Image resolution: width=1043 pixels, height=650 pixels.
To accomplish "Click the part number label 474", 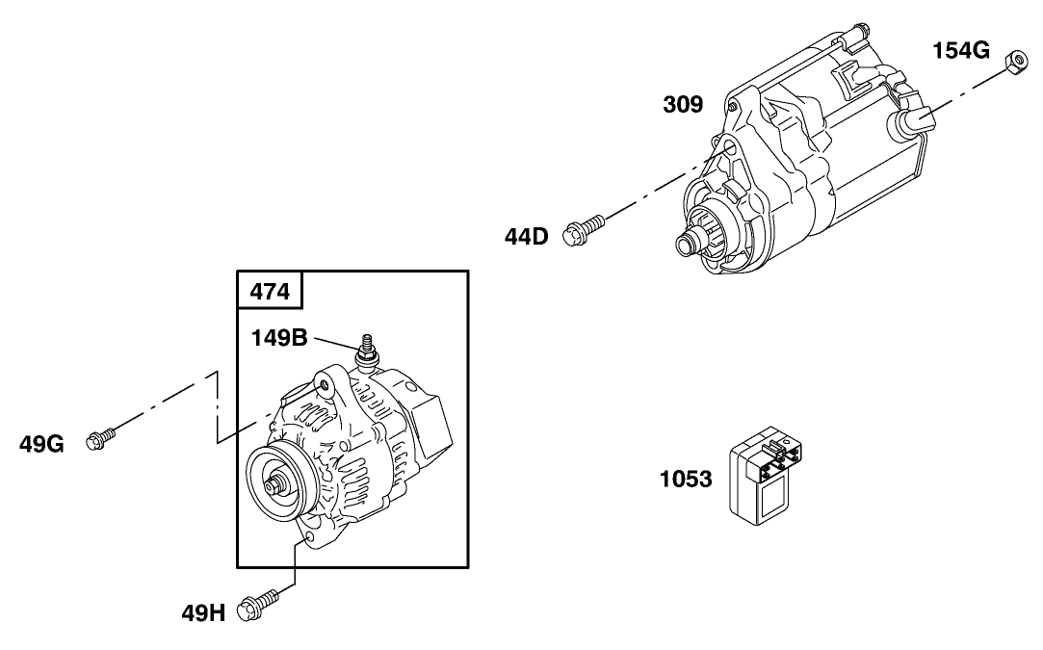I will (270, 291).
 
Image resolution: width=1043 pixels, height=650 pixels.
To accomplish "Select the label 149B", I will (280, 338).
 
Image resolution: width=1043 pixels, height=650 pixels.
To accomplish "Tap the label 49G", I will (41, 444).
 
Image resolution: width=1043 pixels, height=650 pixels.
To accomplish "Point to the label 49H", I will (203, 611).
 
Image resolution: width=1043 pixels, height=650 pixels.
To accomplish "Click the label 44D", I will (526, 235).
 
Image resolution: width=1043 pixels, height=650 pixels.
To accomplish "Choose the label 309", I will (682, 104).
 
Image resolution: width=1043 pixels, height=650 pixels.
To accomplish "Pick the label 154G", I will (960, 51).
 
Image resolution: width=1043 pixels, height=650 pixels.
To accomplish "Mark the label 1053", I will (686, 478).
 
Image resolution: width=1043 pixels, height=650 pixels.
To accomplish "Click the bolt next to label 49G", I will (100, 439).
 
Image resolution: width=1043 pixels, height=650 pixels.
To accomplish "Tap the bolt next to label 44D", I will (585, 227).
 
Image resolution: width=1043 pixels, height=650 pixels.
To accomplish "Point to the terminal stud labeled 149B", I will (367, 351).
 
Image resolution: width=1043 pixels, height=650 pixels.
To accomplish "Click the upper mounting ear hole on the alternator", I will (326, 386).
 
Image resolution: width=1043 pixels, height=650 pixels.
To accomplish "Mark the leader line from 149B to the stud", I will (337, 345).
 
